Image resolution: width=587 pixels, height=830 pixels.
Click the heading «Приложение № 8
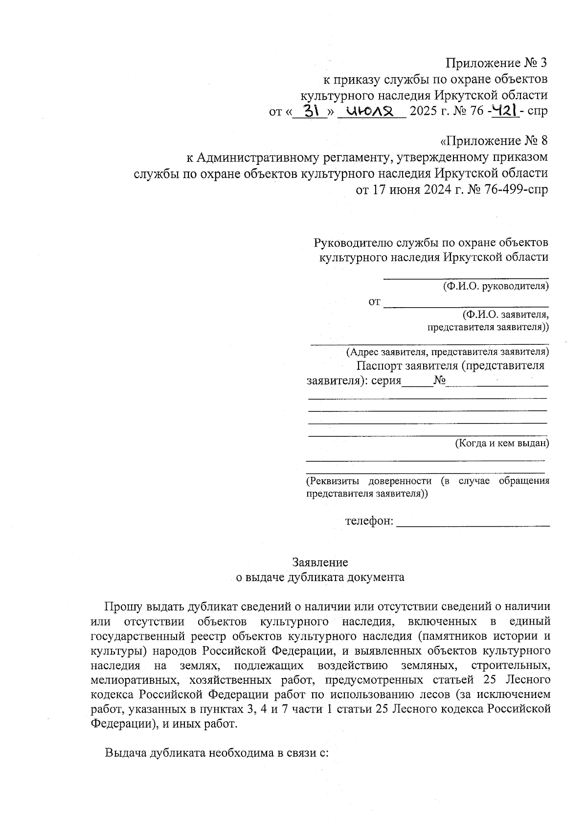click(x=494, y=141)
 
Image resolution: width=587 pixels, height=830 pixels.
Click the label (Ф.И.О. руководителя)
click(x=496, y=286)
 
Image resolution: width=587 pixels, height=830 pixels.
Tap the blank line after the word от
click(x=466, y=305)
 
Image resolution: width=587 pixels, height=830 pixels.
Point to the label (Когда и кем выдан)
click(x=502, y=444)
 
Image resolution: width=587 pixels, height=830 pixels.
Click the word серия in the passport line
click(x=386, y=381)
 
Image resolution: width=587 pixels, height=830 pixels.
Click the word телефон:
click(x=369, y=521)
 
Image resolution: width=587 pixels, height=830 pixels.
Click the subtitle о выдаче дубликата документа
click(x=320, y=577)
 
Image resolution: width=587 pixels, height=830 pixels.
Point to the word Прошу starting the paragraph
click(x=123, y=607)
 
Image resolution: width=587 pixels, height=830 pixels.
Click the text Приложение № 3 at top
click(x=496, y=63)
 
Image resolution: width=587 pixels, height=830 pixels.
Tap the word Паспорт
click(x=380, y=366)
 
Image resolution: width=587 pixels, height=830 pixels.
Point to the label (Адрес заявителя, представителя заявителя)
click(x=448, y=352)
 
